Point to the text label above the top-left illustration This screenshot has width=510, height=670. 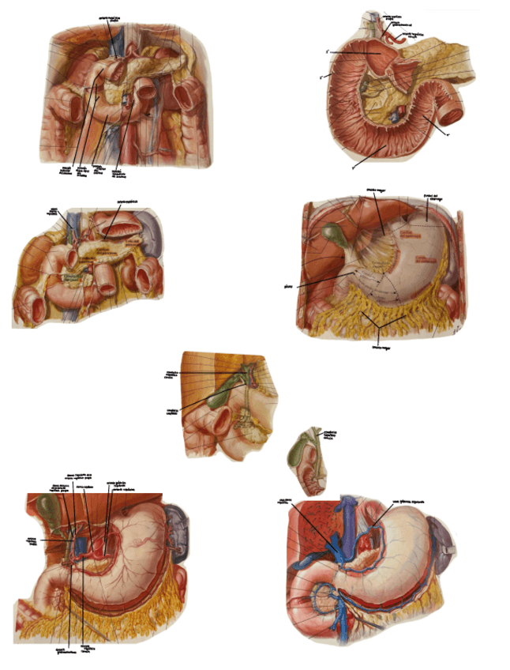click(117, 17)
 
